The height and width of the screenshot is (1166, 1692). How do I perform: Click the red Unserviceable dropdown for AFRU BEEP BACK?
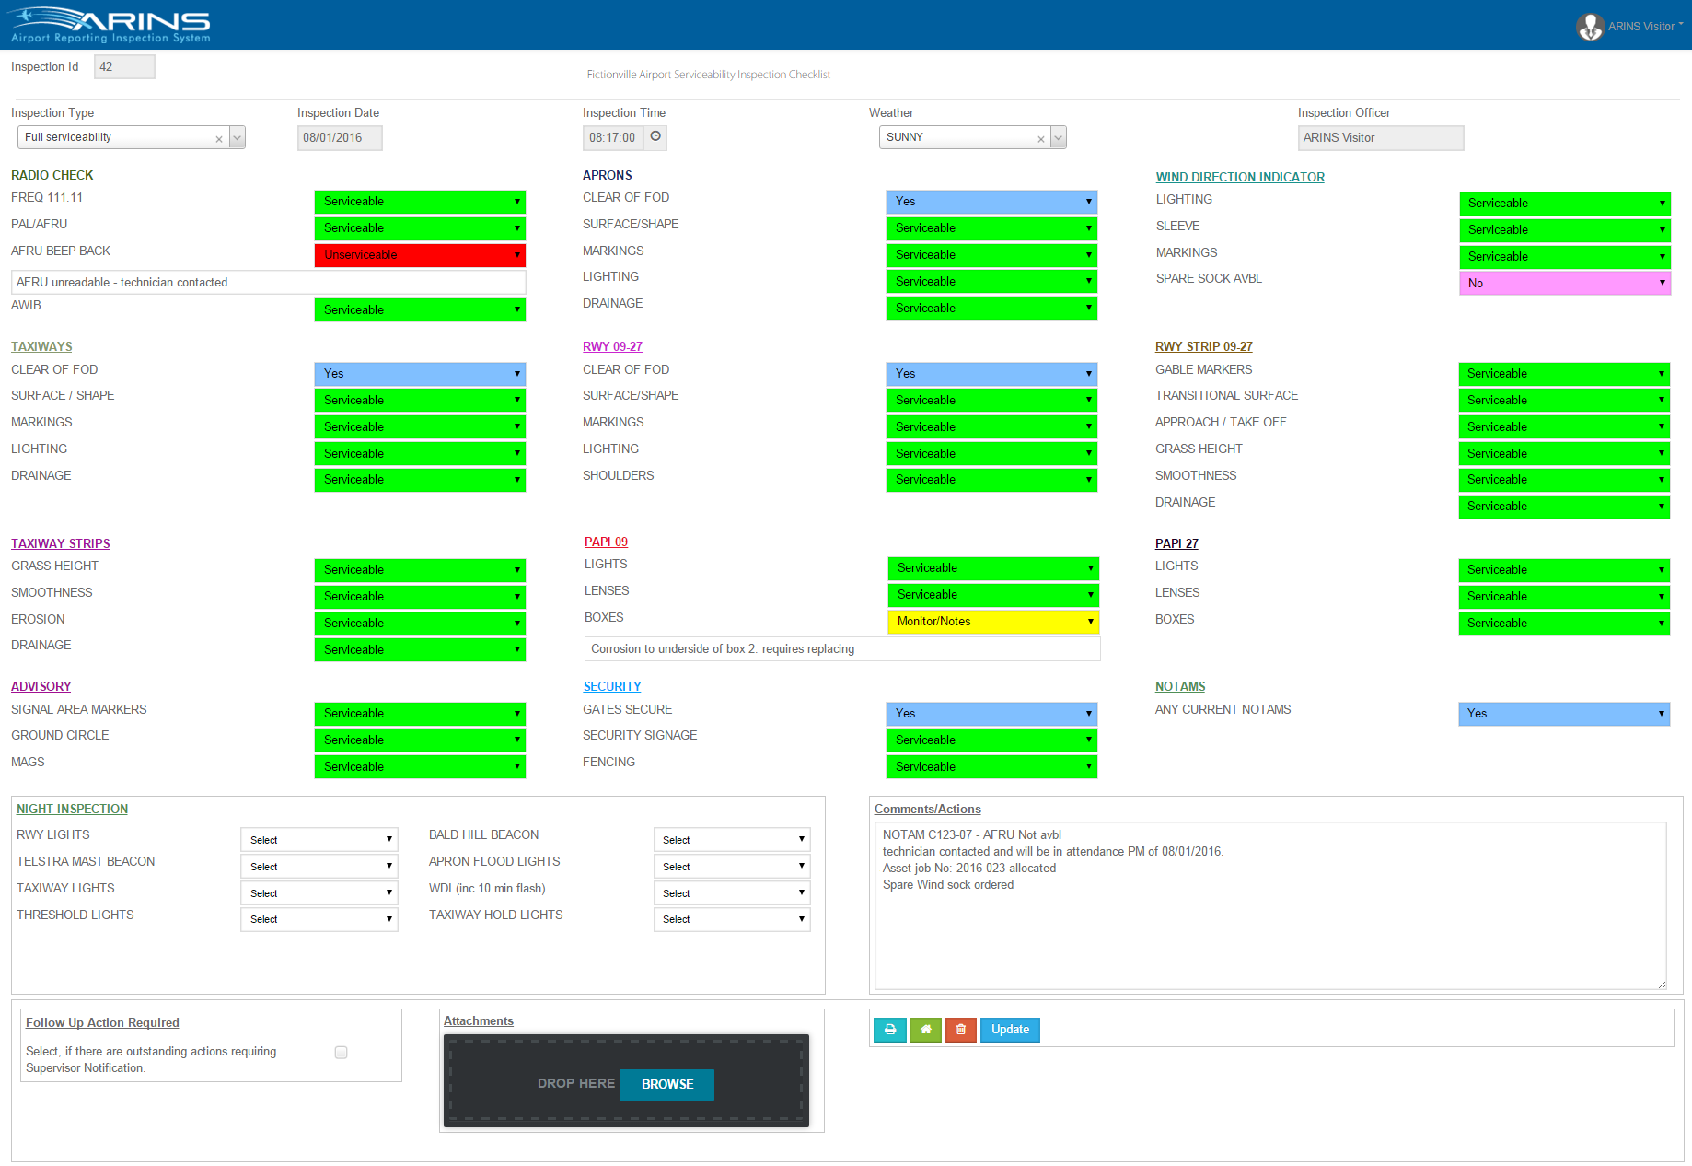point(420,255)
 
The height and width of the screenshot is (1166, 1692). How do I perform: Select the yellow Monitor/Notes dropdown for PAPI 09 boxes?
point(992,622)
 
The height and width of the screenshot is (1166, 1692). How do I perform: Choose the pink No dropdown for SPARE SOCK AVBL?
point(1564,284)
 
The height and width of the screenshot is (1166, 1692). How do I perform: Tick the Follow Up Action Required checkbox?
point(341,1053)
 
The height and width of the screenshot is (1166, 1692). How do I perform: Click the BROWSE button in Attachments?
point(666,1084)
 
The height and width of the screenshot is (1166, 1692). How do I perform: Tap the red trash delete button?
point(960,1030)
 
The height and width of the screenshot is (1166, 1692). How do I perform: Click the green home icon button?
point(925,1030)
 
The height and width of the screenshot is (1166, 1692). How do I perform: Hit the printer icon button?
point(890,1030)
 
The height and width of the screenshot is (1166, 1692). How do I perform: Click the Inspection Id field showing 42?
point(124,67)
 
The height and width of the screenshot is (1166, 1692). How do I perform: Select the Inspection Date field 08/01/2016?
point(339,138)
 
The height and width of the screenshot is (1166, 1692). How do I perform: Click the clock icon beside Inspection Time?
point(655,136)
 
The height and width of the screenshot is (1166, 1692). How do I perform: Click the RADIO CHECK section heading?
point(52,175)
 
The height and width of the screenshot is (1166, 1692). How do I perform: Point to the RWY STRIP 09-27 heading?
point(1203,346)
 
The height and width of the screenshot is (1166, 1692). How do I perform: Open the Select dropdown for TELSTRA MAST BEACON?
point(319,867)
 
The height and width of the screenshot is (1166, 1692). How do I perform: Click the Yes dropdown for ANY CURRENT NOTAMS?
point(1563,714)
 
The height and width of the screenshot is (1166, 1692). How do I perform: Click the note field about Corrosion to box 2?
point(841,649)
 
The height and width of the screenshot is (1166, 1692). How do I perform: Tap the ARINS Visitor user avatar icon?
point(1590,27)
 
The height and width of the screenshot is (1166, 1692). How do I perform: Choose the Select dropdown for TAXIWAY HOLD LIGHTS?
point(732,919)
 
